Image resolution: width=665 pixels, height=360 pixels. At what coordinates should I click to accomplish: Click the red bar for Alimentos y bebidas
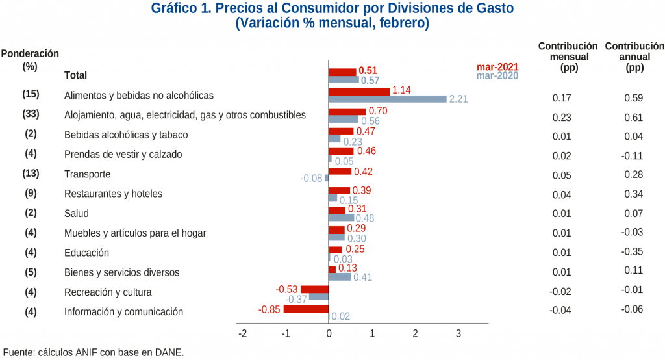[358, 92]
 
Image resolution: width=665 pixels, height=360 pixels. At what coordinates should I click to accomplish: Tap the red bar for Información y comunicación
[306, 309]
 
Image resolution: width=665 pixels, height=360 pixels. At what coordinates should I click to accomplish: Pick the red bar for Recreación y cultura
[314, 289]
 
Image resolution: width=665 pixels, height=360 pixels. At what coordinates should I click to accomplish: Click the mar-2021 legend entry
[497, 67]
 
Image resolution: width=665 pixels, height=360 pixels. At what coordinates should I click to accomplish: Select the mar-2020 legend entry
[497, 76]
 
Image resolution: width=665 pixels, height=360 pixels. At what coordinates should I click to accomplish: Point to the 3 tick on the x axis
[458, 334]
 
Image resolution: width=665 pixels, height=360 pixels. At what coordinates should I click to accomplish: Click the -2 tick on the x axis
[243, 334]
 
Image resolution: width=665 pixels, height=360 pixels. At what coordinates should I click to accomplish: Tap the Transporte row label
[87, 174]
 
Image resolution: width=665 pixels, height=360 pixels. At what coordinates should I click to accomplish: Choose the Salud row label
[76, 213]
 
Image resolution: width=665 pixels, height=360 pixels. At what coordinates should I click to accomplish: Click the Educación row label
[86, 253]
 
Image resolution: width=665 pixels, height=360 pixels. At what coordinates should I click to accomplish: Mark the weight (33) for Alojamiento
[31, 114]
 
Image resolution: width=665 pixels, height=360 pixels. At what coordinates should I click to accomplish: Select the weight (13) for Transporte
[31, 174]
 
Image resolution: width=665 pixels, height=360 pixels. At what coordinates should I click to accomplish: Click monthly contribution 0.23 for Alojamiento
[561, 118]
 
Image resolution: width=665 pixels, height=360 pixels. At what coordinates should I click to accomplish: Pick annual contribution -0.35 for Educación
[632, 252]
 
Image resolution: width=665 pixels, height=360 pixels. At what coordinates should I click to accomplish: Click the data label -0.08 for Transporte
[311, 178]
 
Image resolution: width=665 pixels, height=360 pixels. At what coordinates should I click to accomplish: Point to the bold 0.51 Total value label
[368, 70]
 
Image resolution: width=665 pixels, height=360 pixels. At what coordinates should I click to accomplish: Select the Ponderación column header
[30, 54]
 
